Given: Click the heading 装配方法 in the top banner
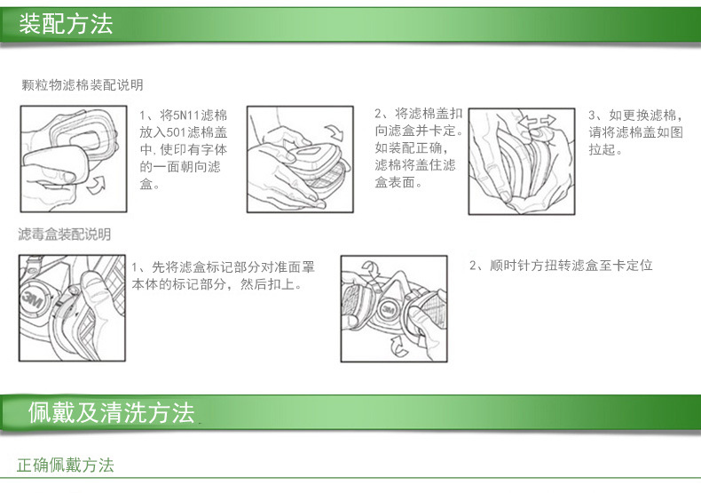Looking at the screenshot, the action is click(x=66, y=24).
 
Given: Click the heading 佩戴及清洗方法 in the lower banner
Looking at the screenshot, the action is click(x=111, y=412).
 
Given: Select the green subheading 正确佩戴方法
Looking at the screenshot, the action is click(x=66, y=465).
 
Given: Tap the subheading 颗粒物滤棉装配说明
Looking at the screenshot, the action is click(x=83, y=85).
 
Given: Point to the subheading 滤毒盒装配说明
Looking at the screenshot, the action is click(x=65, y=234).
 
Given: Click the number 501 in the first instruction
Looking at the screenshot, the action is click(x=176, y=132).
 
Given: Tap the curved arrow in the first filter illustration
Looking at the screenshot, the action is click(x=95, y=184).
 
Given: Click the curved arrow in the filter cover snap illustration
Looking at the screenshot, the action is click(x=334, y=132).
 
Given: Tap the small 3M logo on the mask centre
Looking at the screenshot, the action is click(x=387, y=310).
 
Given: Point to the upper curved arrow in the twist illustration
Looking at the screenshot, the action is click(x=370, y=267).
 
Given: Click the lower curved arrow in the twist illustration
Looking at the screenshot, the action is click(x=398, y=346).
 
